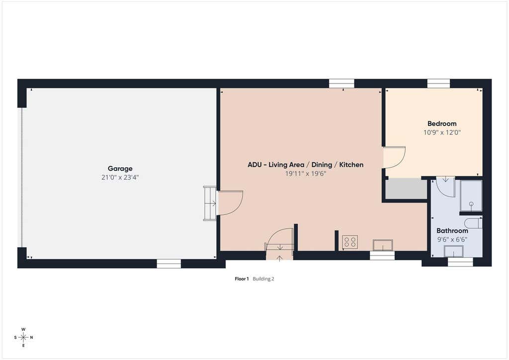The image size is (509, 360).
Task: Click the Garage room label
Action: [120, 169]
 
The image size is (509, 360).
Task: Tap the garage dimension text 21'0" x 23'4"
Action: [120, 177]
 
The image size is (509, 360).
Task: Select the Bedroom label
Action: [442, 123]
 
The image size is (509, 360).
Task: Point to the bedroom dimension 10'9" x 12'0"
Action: [442, 132]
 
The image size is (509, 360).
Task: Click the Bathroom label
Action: [452, 231]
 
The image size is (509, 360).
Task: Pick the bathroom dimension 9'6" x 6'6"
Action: [452, 239]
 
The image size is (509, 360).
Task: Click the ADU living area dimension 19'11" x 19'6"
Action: [306, 174]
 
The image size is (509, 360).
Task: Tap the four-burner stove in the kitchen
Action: [350, 242]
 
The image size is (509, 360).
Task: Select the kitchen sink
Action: [383, 245]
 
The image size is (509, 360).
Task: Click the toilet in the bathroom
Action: [473, 223]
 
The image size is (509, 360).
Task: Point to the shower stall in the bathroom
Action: [471, 196]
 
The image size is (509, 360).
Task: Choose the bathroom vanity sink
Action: [453, 251]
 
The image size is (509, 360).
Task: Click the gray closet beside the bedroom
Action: [406, 188]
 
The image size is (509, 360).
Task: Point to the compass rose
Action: [23, 337]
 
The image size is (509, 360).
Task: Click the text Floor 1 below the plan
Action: [242, 278]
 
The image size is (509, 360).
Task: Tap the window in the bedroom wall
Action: [438, 84]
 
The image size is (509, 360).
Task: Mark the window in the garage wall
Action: [169, 264]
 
